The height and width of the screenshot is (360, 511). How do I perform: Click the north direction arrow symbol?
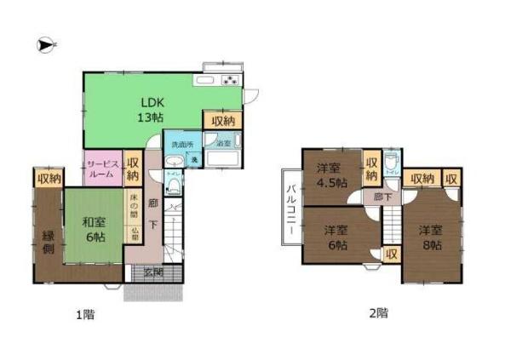pyautogui.click(x=45, y=44)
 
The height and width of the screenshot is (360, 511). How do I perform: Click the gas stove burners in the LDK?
pyautogui.click(x=230, y=81)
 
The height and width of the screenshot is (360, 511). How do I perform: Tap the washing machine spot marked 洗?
pyautogui.click(x=194, y=160)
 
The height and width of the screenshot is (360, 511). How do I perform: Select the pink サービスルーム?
pyautogui.click(x=103, y=168)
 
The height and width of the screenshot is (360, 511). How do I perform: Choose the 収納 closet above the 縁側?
pyautogui.click(x=49, y=179)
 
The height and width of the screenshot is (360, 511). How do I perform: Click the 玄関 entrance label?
pyautogui.click(x=153, y=272)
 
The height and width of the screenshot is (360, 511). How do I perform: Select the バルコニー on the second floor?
pyautogui.click(x=290, y=209)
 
